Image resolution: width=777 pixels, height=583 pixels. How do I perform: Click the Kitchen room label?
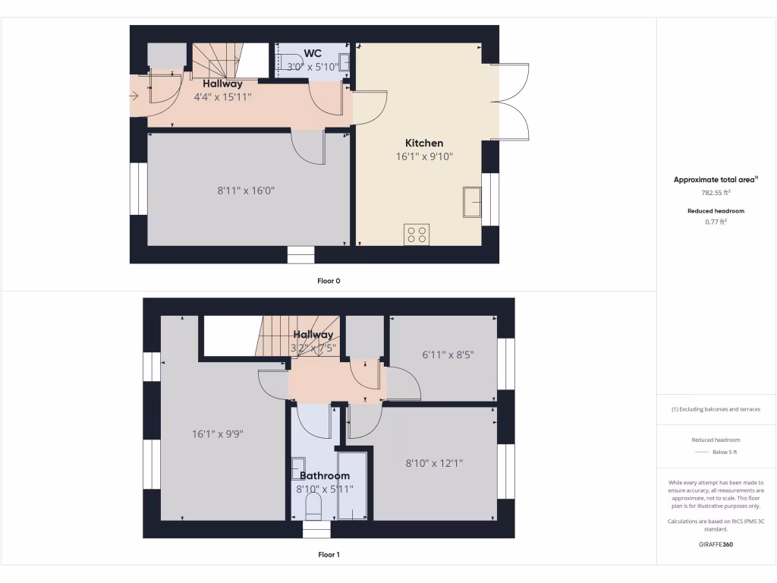tap(424, 143)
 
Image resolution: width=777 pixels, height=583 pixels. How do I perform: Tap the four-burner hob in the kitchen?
tap(417, 234)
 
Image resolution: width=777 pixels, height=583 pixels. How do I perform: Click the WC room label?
tap(313, 53)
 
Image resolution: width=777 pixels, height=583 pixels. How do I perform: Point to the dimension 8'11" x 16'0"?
tap(246, 191)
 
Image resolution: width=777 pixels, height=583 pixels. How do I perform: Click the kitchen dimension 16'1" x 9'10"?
tap(424, 157)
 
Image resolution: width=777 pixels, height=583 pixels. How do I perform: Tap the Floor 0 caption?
tap(329, 281)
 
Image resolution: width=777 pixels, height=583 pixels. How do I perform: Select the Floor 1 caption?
tap(329, 555)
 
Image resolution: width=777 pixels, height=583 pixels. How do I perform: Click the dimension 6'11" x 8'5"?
tap(443, 354)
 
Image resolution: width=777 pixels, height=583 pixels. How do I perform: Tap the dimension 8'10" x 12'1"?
tap(435, 462)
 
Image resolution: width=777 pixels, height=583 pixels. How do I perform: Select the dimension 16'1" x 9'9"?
tap(217, 434)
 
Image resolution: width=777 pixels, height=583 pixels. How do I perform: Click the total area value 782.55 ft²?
tap(716, 193)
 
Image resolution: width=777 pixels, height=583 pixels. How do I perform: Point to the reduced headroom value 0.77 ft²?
tap(716, 222)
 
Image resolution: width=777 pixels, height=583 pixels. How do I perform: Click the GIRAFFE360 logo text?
tap(716, 544)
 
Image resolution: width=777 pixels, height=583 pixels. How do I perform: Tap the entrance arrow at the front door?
tap(134, 96)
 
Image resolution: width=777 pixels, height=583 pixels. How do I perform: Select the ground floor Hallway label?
tap(223, 84)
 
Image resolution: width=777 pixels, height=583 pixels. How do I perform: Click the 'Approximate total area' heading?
tap(716, 180)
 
